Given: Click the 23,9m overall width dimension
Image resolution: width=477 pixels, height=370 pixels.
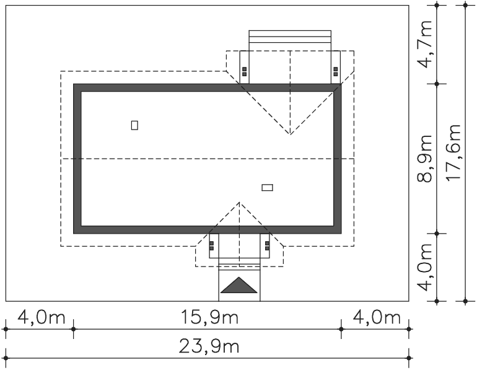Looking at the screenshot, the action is click(x=209, y=346).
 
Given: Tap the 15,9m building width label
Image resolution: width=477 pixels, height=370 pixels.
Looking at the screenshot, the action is click(x=209, y=317).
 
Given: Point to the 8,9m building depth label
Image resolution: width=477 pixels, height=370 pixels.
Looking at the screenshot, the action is click(x=424, y=158).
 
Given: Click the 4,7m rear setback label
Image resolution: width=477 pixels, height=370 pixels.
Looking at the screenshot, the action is click(x=424, y=44).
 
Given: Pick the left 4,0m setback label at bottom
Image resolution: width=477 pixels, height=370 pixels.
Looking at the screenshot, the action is click(x=42, y=317).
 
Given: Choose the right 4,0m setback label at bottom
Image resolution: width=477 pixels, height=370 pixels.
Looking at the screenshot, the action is click(x=377, y=317).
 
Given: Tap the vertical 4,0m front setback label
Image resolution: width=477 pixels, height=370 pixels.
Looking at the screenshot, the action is click(x=424, y=268).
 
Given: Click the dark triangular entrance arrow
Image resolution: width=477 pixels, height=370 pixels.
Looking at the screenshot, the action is click(x=239, y=285).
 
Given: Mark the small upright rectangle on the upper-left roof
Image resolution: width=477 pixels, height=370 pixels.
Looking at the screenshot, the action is click(x=134, y=125).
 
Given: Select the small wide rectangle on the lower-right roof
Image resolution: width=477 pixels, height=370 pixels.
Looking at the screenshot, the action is click(x=268, y=187).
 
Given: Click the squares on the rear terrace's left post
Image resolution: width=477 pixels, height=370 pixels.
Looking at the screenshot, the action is click(x=244, y=71).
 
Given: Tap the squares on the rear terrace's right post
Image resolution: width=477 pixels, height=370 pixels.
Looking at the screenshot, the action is click(x=336, y=71).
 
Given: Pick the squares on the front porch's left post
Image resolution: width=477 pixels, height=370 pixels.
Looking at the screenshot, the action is click(x=212, y=246).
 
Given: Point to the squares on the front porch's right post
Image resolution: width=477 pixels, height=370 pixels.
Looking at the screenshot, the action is click(x=267, y=246).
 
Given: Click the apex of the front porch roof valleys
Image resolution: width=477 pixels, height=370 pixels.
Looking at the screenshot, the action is click(x=239, y=202).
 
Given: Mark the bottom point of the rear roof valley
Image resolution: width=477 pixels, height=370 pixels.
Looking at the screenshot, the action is click(x=290, y=134).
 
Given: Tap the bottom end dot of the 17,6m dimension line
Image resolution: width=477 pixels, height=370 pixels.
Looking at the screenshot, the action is click(x=465, y=301).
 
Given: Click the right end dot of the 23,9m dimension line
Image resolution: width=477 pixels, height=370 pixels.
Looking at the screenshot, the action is click(x=409, y=358).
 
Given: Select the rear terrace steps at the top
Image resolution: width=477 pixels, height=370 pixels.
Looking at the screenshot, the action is click(x=290, y=40).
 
